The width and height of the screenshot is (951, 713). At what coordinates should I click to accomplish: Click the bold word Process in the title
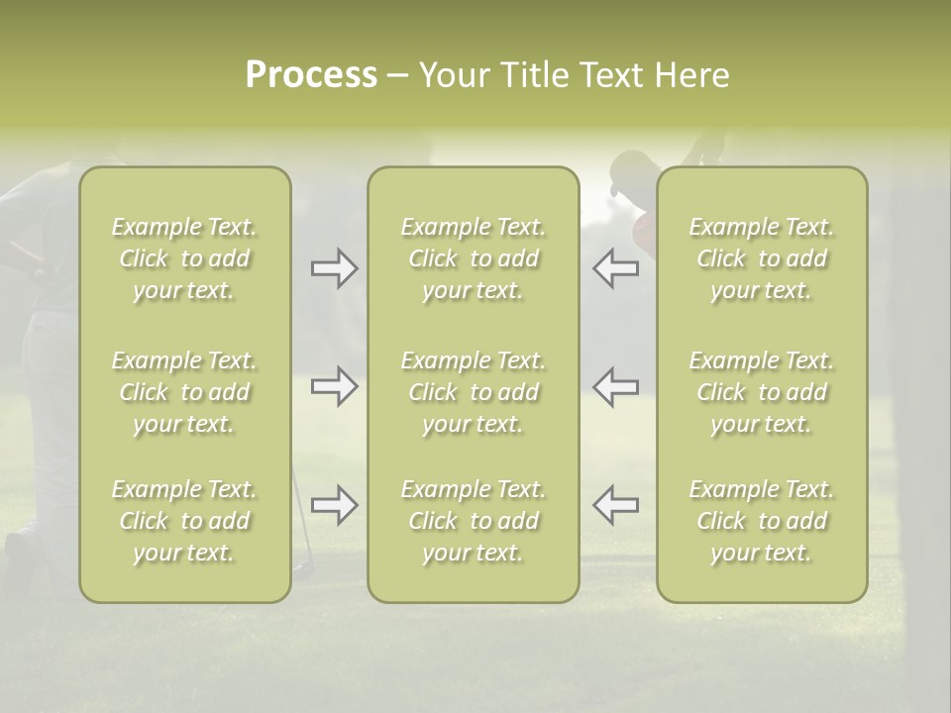pos(311,75)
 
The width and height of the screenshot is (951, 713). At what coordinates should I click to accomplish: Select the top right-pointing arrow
pos(334,268)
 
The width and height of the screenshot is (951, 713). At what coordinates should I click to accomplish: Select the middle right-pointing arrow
pos(334,385)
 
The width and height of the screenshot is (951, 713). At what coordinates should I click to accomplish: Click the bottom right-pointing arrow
pos(334,505)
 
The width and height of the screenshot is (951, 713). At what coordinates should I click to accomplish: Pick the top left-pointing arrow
pos(615,268)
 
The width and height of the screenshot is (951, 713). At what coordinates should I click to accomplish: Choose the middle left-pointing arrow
pos(615,385)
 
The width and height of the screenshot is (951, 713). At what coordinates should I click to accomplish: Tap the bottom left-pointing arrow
pos(615,505)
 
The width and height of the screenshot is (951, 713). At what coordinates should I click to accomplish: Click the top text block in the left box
pos(184,258)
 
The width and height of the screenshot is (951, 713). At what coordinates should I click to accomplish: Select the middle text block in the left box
pos(184,392)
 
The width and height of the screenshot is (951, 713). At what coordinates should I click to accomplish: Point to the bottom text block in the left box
pos(184,521)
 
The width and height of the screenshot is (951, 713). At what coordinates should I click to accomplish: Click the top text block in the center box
pos(473,258)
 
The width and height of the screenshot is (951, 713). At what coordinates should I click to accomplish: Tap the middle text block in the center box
pos(473,392)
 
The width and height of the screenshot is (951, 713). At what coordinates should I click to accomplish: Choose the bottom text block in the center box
pos(473,521)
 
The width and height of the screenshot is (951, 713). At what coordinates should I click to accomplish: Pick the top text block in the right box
pos(761,258)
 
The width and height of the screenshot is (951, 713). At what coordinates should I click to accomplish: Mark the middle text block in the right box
pos(761,392)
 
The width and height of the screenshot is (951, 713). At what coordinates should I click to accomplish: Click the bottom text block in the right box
pos(761,521)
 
